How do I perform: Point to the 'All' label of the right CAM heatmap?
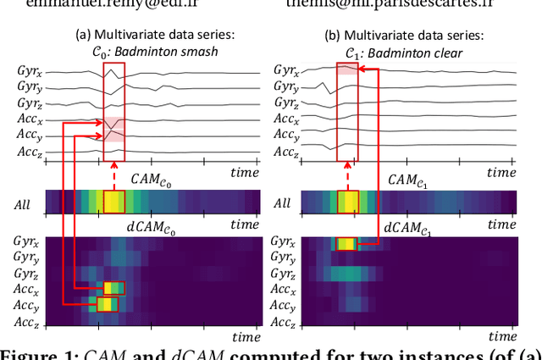(282, 204)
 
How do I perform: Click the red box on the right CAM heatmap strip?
(348, 202)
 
